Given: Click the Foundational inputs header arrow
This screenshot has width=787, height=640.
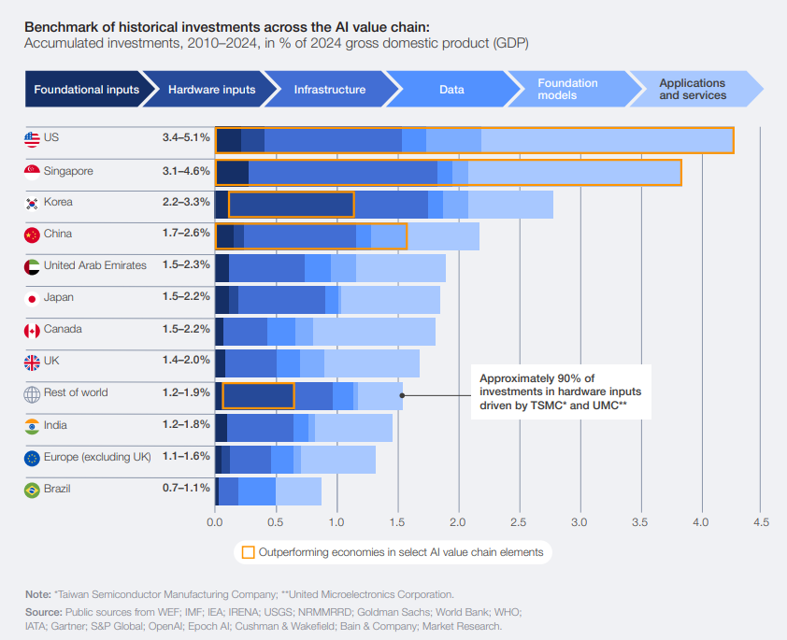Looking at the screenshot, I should click(86, 90).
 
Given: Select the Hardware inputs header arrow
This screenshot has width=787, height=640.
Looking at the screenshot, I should click(212, 90).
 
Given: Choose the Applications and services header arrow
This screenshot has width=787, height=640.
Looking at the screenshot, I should click(693, 89).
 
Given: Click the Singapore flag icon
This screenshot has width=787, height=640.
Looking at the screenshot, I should click(32, 171).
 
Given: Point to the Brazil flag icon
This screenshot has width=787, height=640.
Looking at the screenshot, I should click(32, 489).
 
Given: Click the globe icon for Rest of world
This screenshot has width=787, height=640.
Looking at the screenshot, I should click(32, 393).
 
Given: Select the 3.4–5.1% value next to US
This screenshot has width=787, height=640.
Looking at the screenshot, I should click(185, 137).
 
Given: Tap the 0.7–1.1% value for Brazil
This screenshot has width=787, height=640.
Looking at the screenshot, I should click(185, 489).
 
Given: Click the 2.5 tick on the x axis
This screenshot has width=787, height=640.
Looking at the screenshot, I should click(518, 521).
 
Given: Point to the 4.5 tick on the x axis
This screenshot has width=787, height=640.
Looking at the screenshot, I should click(761, 521).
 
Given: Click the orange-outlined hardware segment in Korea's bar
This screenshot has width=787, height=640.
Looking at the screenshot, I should click(291, 205).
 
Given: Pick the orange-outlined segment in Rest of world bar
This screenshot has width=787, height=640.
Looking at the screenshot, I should click(258, 395).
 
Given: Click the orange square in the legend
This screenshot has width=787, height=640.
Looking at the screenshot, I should click(248, 552).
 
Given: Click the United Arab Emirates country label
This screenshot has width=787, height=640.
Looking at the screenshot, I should click(94, 265).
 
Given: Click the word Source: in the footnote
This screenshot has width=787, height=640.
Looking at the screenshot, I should click(43, 611).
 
